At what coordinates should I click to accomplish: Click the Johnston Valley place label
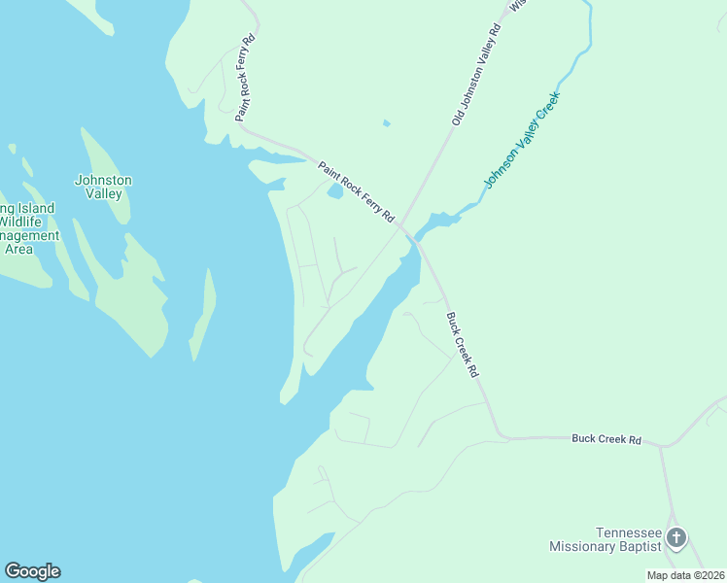[x=103, y=187]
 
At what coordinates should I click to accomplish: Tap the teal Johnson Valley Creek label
[x=523, y=139]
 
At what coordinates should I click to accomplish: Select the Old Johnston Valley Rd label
[x=476, y=73]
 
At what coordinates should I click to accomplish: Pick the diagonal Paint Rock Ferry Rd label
[x=356, y=189]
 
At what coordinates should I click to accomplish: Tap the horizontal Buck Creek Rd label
[x=606, y=439]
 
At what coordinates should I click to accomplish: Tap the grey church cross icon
[x=676, y=536]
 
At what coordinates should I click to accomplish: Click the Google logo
[x=32, y=571]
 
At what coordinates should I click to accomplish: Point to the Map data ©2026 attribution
[x=685, y=575]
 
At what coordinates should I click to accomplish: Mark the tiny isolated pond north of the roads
[x=387, y=123]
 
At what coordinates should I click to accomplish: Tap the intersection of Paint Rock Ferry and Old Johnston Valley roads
[x=401, y=225]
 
